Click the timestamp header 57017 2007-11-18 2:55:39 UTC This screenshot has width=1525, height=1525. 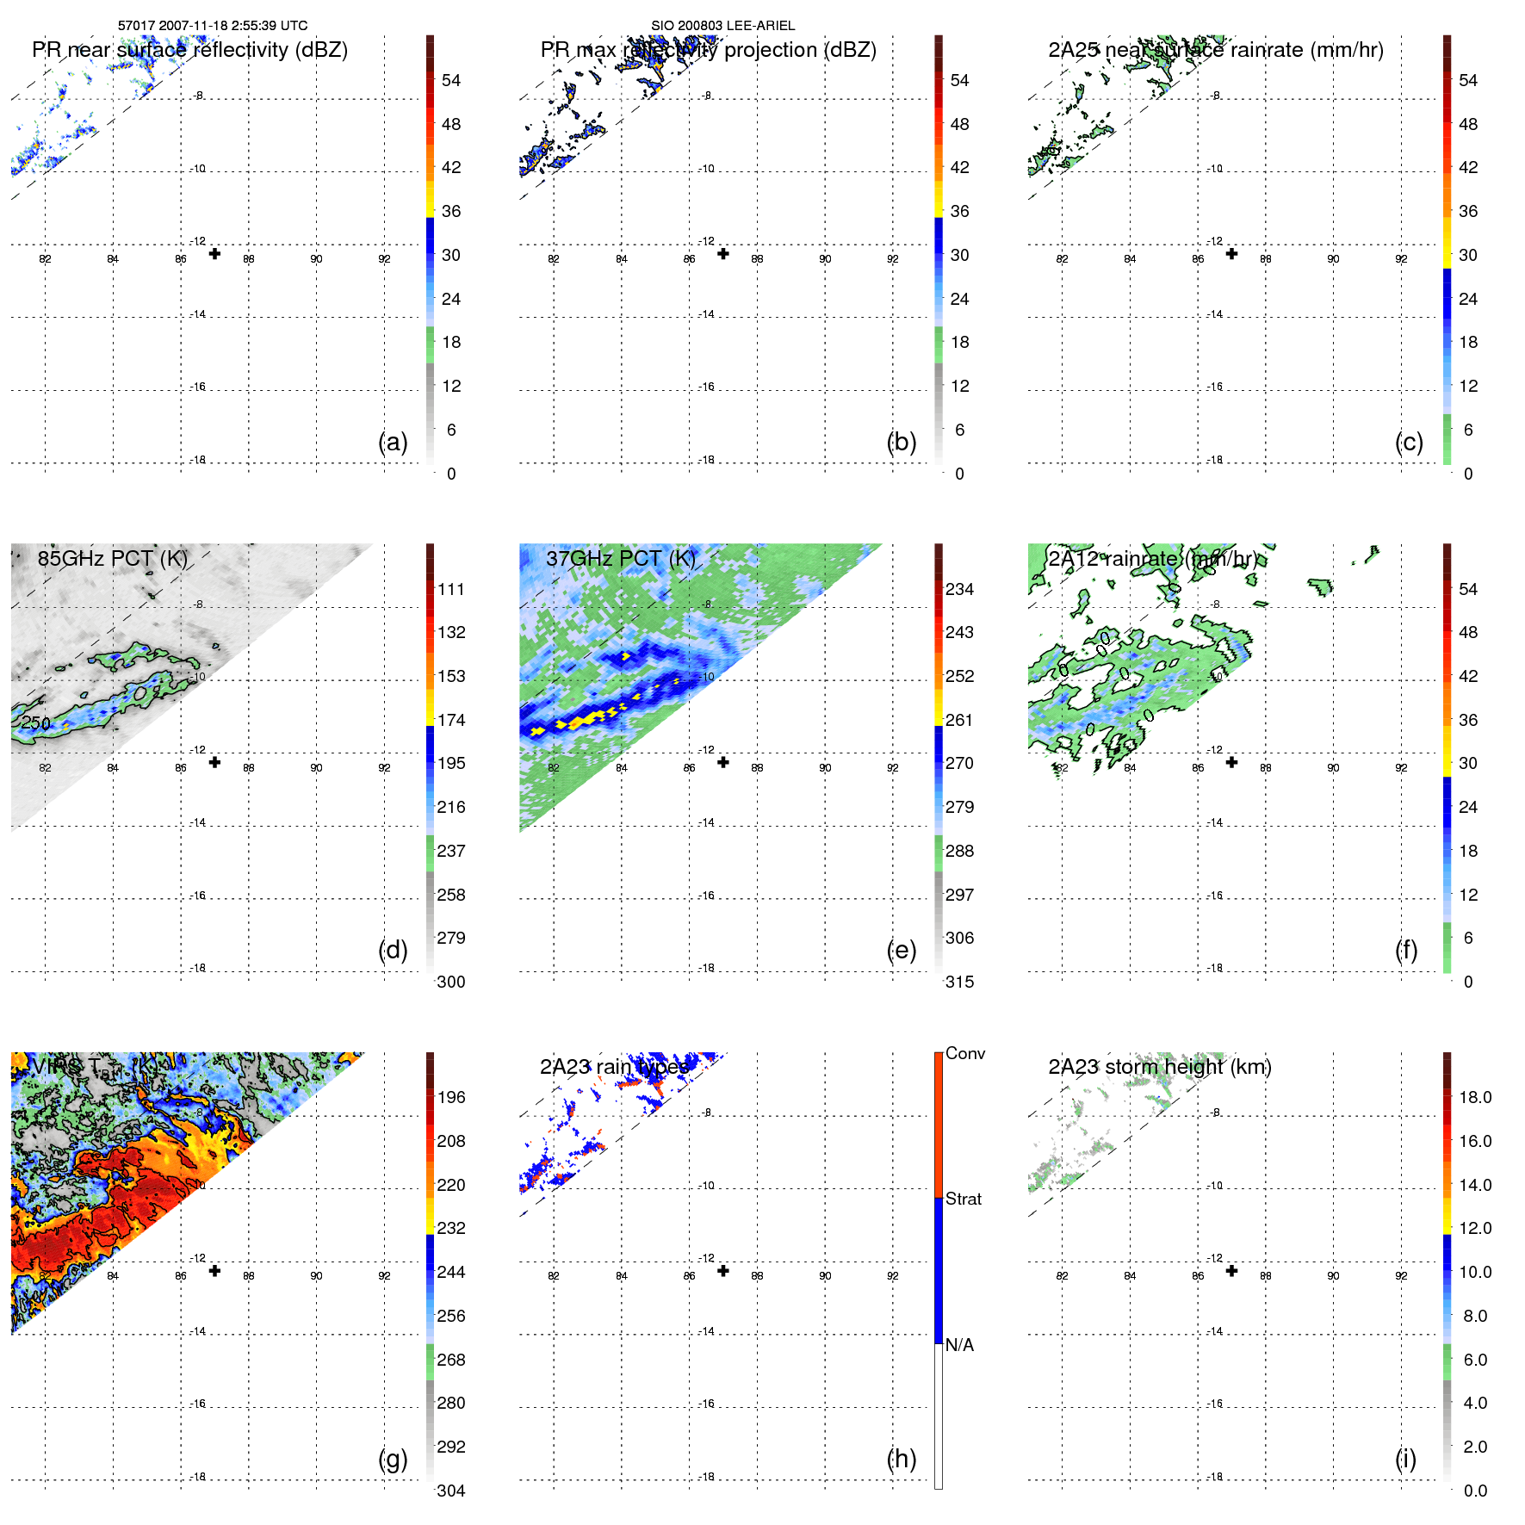pyautogui.click(x=213, y=26)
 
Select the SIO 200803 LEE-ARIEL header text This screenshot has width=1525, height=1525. pyautogui.click(x=722, y=26)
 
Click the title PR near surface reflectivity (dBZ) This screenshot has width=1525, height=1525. pyautogui.click(x=189, y=50)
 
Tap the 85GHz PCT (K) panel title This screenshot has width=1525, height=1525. pyautogui.click(x=112, y=558)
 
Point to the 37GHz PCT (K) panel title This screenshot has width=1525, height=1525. pyautogui.click(x=620, y=558)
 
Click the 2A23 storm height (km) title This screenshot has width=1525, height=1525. pyautogui.click(x=1159, y=1067)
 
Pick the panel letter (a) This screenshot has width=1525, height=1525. pyautogui.click(x=393, y=442)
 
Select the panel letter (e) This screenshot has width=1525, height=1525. pyautogui.click(x=901, y=950)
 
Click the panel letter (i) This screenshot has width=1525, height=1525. pyautogui.click(x=1405, y=1459)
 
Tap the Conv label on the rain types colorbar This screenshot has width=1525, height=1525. pyautogui.click(x=964, y=1053)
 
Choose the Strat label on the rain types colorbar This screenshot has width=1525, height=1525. pyautogui.click(x=963, y=1199)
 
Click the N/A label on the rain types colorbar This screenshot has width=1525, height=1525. pyautogui.click(x=959, y=1345)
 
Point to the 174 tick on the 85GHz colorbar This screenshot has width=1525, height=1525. pyautogui.click(x=451, y=720)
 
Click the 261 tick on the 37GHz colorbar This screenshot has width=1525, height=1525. pyautogui.click(x=959, y=720)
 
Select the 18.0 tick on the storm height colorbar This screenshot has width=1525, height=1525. pyautogui.click(x=1474, y=1097)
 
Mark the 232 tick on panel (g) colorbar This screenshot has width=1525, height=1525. pyautogui.click(x=451, y=1228)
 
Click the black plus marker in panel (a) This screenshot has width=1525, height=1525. pyautogui.click(x=214, y=254)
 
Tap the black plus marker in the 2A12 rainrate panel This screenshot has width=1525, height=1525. pyautogui.click(x=1231, y=762)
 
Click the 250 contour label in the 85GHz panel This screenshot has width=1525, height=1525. pyautogui.click(x=35, y=723)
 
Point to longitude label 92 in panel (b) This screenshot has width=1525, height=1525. pyautogui.click(x=892, y=259)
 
